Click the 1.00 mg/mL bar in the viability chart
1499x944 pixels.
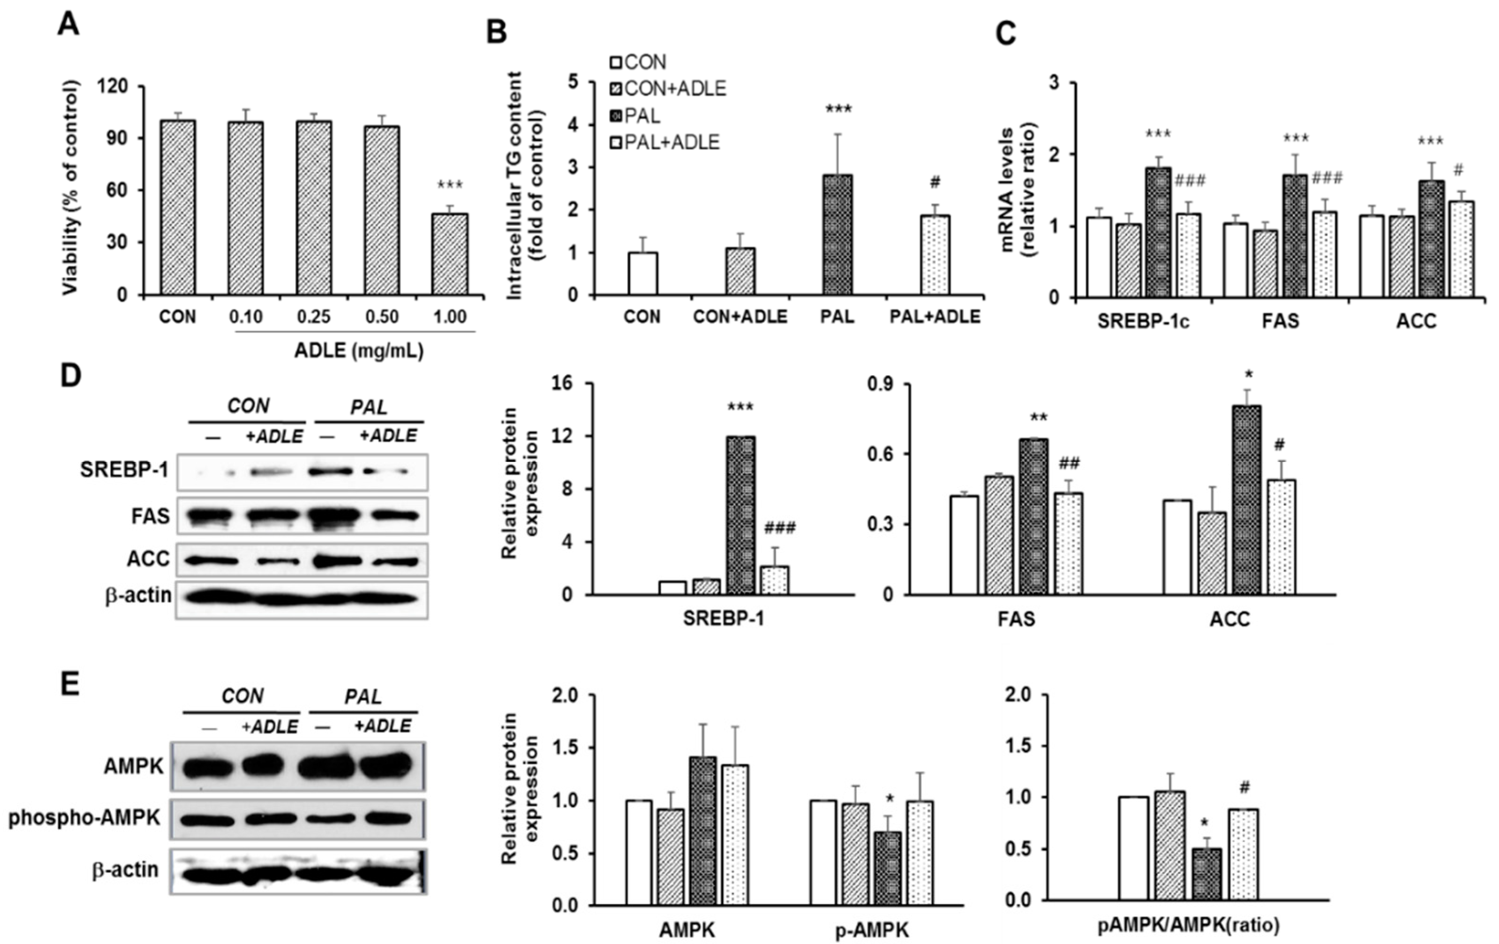450,254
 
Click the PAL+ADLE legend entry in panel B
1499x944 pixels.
665,142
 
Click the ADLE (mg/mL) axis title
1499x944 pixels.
359,351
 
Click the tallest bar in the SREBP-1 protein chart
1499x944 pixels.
741,516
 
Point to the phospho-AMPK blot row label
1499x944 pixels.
85,818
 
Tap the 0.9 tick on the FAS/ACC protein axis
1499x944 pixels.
880,384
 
